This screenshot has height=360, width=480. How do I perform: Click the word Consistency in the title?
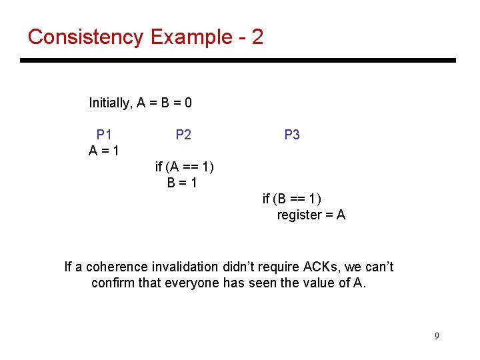point(85,37)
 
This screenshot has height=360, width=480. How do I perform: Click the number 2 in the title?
point(257,37)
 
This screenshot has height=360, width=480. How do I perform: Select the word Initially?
point(110,103)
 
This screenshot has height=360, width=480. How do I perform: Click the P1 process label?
point(104,135)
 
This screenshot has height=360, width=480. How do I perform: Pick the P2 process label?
point(183,135)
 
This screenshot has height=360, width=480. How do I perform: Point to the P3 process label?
point(292,135)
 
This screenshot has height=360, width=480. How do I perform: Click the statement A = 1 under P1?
point(104,151)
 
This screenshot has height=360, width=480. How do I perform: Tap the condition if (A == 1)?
point(185,166)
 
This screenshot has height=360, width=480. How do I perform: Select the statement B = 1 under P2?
point(182,182)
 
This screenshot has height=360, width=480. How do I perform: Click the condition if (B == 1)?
point(292,199)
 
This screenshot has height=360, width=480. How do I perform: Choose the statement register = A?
point(311,215)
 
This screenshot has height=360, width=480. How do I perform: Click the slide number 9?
point(437,336)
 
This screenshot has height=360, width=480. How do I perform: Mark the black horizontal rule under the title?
point(238,61)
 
